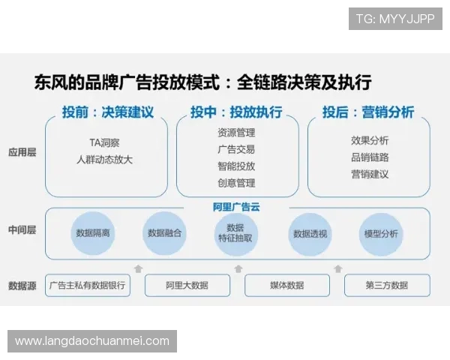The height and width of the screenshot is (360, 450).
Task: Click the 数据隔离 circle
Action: click(93, 233)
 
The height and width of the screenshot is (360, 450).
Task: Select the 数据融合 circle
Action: click(164, 233)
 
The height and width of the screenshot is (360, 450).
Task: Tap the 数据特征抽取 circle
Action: click(235, 233)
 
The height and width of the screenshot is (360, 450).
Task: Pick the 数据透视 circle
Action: click(310, 233)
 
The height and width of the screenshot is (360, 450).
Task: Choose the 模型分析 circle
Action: click(381, 233)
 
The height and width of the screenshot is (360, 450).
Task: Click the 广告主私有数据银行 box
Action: click(88, 285)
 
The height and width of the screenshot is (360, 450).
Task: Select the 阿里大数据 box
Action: click(187, 285)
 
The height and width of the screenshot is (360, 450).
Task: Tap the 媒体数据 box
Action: click(287, 285)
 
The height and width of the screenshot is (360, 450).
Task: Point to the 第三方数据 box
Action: click(387, 285)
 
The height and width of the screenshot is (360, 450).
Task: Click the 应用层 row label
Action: click(22, 152)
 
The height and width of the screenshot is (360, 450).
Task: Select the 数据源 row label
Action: click(22, 285)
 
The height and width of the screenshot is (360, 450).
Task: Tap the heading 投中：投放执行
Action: click(236, 112)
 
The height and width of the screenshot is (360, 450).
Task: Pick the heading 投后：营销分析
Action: click(368, 112)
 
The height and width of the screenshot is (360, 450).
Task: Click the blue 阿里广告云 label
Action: click(236, 207)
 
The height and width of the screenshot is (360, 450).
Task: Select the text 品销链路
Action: click(370, 157)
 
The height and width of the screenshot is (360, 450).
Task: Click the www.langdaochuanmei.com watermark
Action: click(92, 341)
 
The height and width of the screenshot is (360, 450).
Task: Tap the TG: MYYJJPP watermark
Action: click(395, 19)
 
